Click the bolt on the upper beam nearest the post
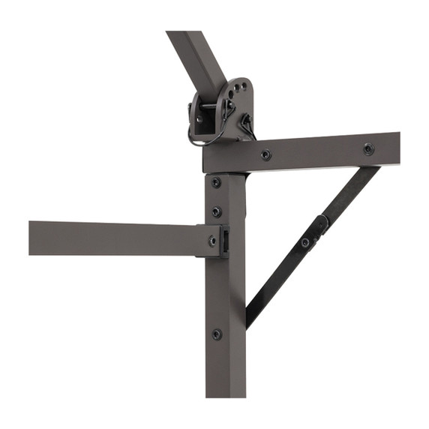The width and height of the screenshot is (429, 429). pyautogui.click(x=265, y=155)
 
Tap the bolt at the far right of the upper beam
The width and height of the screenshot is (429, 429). pyautogui.click(x=368, y=148)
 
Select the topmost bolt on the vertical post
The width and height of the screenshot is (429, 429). pyautogui.click(x=216, y=182)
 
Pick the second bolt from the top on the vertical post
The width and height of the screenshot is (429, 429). pyautogui.click(x=216, y=211)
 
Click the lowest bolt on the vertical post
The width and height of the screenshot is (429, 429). pyautogui.click(x=216, y=334)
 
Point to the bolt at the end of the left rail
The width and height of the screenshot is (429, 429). pyautogui.click(x=212, y=241)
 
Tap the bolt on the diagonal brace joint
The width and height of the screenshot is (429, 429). pyautogui.click(x=305, y=242)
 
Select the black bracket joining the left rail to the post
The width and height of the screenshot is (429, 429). pyautogui.click(x=223, y=241)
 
